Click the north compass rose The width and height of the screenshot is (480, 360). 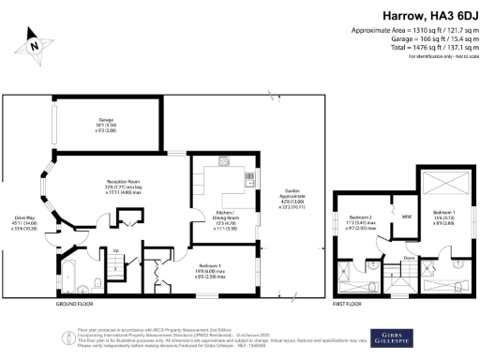(x=33, y=42)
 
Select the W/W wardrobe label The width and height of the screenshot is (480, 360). (x=381, y=217)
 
